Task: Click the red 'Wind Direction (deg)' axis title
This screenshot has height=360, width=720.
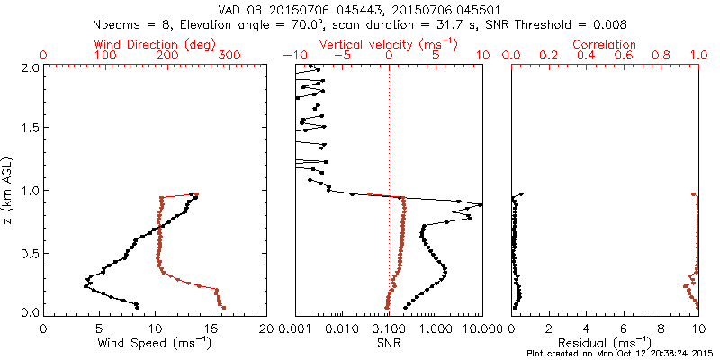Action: (157, 44)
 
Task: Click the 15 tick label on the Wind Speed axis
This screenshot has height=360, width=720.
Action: (211, 329)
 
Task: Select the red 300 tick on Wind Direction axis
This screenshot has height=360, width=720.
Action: (229, 56)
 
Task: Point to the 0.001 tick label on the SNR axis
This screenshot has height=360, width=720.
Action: (294, 329)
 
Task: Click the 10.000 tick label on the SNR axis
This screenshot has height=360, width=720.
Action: (480, 329)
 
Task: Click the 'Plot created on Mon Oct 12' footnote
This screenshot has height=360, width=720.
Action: (620, 353)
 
